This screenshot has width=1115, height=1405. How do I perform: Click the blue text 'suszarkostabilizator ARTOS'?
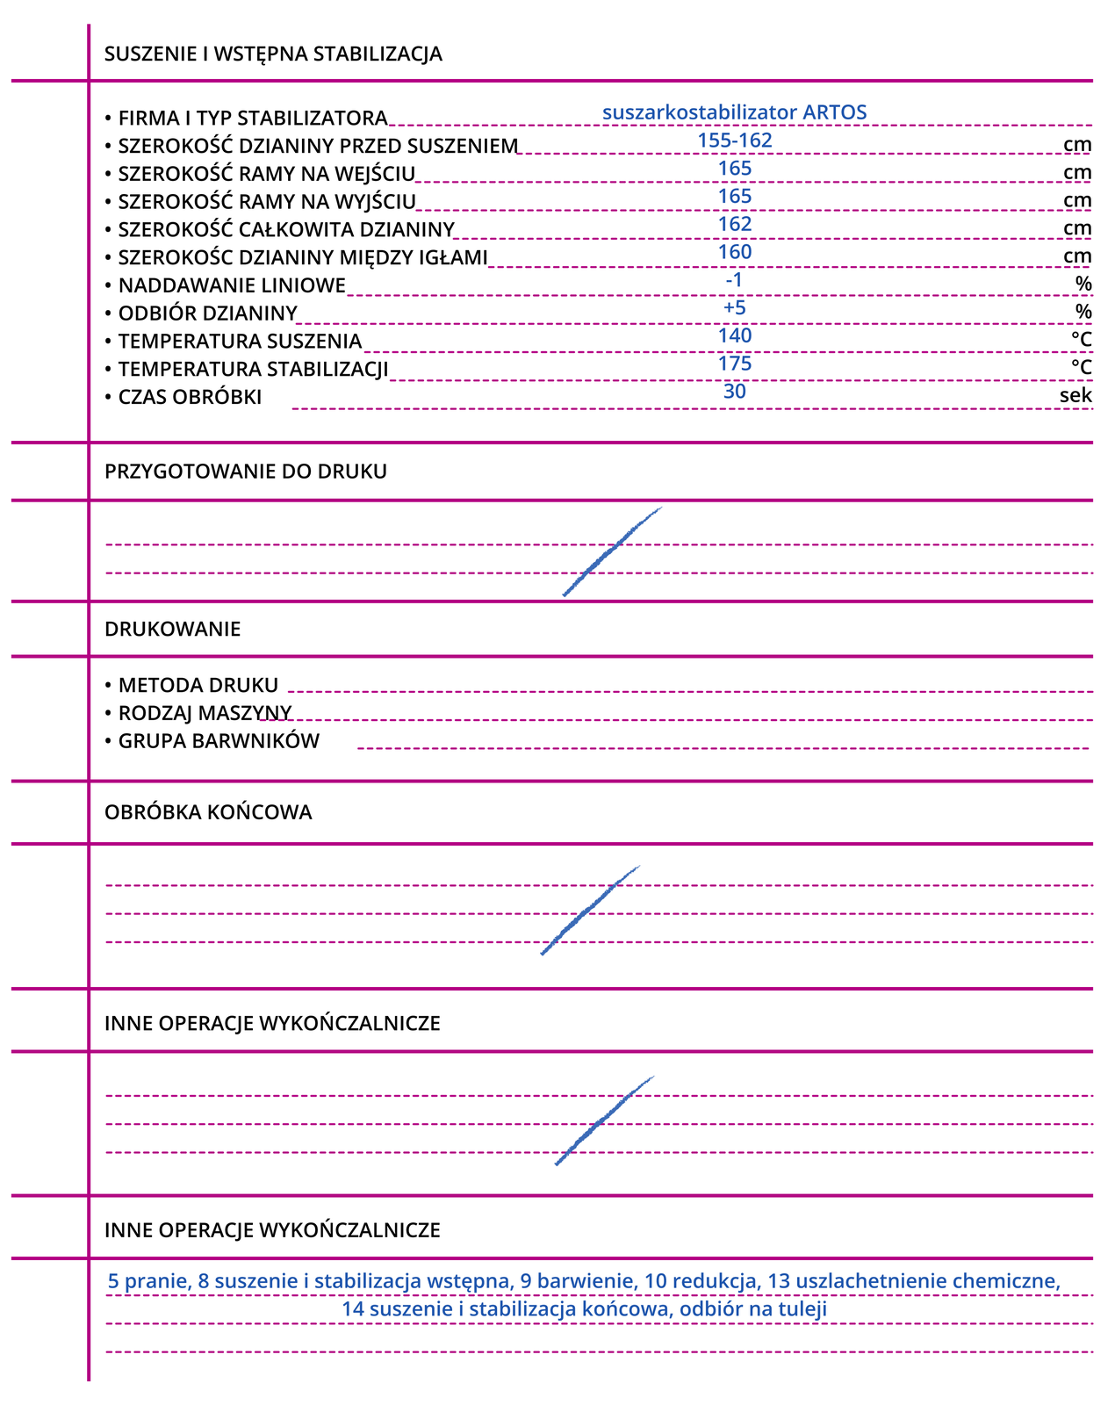[735, 112]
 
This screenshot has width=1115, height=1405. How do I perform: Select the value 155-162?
[735, 140]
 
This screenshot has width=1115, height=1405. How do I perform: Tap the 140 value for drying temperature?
[735, 335]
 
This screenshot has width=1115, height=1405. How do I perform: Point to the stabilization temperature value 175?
[735, 364]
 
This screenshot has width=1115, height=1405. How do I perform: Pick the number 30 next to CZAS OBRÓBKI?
[735, 392]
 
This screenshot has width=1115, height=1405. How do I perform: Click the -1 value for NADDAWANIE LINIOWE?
[735, 280]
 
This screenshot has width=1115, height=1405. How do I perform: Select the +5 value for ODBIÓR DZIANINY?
[735, 308]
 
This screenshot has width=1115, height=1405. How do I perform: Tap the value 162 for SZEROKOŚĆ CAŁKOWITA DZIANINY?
[735, 224]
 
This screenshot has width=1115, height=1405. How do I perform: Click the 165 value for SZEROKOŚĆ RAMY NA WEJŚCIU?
[735, 169]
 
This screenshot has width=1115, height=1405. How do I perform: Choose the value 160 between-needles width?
[735, 252]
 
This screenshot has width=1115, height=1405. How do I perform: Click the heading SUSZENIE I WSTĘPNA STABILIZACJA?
[273, 54]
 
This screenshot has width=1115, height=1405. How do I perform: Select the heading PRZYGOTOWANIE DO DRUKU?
[246, 472]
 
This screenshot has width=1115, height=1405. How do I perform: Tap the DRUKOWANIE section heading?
[172, 630]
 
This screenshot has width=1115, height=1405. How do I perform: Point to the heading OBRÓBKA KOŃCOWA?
[208, 812]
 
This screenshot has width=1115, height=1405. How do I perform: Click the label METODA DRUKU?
[198, 685]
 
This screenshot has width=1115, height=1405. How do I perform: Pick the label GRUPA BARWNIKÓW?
[219, 741]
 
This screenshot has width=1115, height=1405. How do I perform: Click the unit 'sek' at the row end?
[1075, 395]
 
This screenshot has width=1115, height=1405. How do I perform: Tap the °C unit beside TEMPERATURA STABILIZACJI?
[1081, 367]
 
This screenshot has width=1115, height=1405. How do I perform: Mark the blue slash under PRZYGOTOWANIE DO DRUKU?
[612, 551]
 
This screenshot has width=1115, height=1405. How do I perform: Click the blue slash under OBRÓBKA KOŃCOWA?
[590, 910]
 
